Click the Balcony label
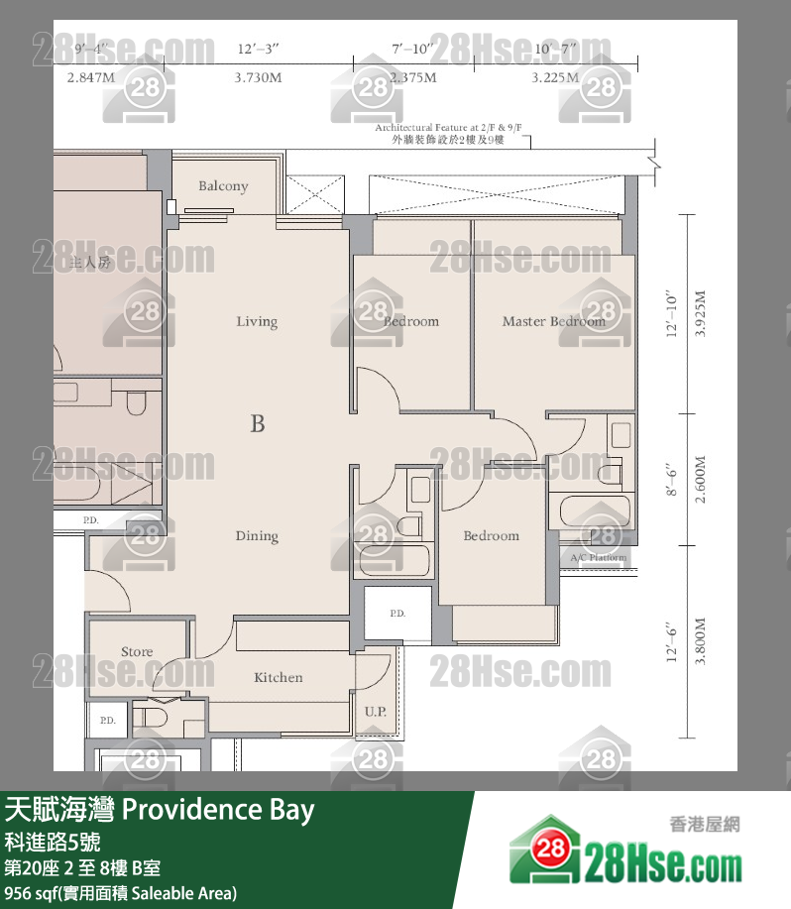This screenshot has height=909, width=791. [223, 186]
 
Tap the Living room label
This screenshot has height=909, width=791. [257, 321]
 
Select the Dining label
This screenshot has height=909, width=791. [257, 536]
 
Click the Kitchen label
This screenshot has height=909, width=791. [279, 677]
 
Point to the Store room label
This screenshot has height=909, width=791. [137, 651]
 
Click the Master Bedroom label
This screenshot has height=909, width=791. [553, 321]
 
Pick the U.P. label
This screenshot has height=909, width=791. [375, 712]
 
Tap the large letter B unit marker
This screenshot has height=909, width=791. [258, 424]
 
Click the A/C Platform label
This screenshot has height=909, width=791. [599, 558]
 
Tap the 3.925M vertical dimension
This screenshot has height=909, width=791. [701, 314]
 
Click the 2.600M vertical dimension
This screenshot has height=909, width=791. [701, 481]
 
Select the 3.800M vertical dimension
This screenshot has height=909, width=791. [701, 641]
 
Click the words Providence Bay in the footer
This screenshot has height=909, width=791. [218, 811]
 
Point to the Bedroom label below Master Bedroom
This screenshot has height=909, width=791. [492, 535]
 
